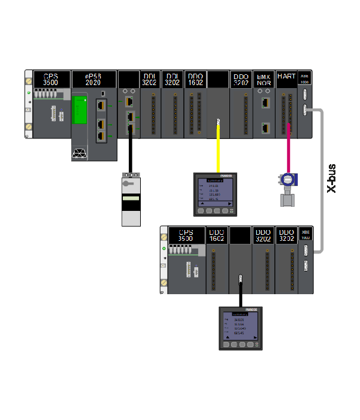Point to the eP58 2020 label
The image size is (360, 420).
pyautogui.click(x=93, y=79)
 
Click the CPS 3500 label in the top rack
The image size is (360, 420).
pyautogui.click(x=50, y=79)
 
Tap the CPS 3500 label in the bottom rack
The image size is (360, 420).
pyautogui.click(x=186, y=235)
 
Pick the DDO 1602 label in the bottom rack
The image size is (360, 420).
pyautogui.click(x=216, y=235)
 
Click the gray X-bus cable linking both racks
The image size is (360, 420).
pyautogui.click(x=324, y=180)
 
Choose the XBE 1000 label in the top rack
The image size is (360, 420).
pyautogui.click(x=305, y=79)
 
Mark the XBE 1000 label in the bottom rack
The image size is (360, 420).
pyautogui.click(x=306, y=234)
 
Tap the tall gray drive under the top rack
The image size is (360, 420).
pyautogui.click(x=131, y=200)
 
